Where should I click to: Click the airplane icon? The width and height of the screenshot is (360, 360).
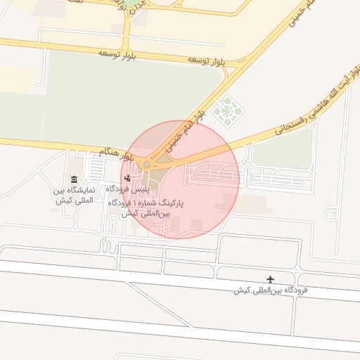[x=271, y=279]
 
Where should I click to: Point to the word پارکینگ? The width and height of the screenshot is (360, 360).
[x=169, y=202]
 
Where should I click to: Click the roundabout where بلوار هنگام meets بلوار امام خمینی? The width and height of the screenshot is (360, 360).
[x=147, y=165]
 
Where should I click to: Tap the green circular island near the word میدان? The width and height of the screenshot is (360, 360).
[x=132, y=3]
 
